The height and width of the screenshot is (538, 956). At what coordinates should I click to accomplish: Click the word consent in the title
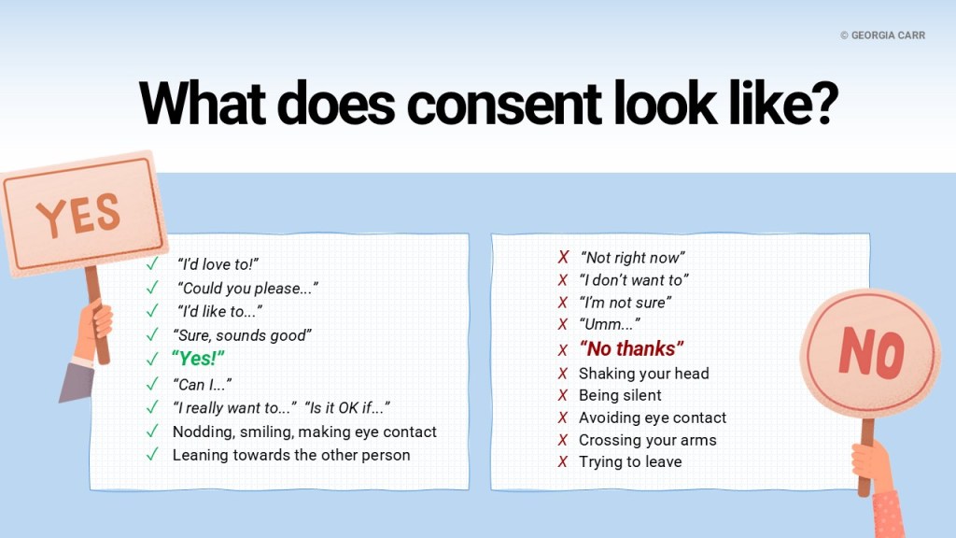tap(503, 104)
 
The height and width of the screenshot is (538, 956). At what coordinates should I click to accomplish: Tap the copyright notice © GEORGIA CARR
tap(882, 35)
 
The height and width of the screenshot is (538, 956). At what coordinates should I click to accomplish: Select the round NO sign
tap(870, 353)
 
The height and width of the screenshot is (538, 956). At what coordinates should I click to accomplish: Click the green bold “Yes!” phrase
tap(198, 359)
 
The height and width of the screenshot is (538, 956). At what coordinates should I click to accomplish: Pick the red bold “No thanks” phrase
tap(632, 349)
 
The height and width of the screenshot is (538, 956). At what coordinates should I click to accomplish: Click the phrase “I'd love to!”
tap(218, 264)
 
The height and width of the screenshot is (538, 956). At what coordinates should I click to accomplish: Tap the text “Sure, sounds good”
tap(242, 335)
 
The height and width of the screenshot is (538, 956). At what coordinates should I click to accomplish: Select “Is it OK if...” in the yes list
tap(347, 407)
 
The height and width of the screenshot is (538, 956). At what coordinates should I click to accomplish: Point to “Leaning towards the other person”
tap(291, 455)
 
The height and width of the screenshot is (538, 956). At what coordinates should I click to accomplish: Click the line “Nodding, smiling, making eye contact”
tap(304, 432)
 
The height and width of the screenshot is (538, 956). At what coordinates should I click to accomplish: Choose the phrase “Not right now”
tap(632, 258)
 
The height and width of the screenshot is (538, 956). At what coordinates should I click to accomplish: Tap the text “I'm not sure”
tap(625, 303)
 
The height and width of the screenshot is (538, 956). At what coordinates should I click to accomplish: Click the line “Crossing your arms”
tap(648, 440)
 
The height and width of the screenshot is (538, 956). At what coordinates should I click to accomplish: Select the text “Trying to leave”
tap(630, 461)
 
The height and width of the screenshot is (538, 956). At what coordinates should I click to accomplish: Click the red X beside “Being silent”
tap(563, 395)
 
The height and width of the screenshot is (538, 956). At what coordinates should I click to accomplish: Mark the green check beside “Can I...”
tap(152, 384)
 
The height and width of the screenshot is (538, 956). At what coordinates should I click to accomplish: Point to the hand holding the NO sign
tap(872, 463)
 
